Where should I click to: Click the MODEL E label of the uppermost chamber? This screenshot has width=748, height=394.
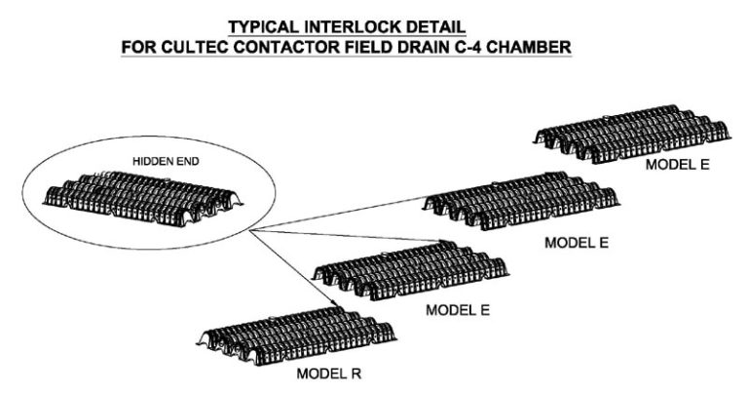[x=677, y=165]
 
